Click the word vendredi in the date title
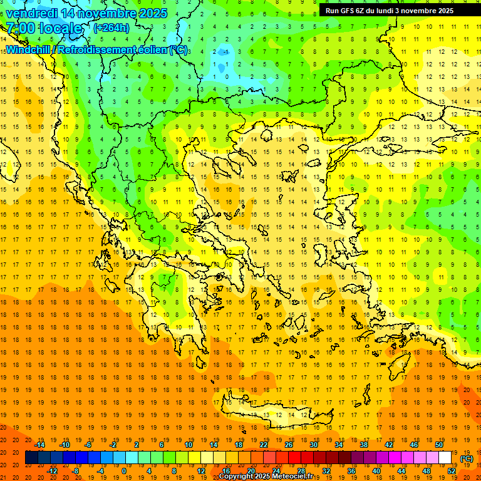(31, 13)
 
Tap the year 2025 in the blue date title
(150, 13)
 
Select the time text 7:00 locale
(44, 28)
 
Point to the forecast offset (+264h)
(111, 28)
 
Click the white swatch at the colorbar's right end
(445, 458)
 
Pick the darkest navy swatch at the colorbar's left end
(31, 458)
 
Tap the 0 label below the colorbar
(124, 471)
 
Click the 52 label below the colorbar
(451, 471)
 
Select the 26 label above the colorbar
(289, 445)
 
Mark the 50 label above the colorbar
(439, 445)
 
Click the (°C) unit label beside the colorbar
(467, 458)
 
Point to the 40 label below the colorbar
(376, 471)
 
